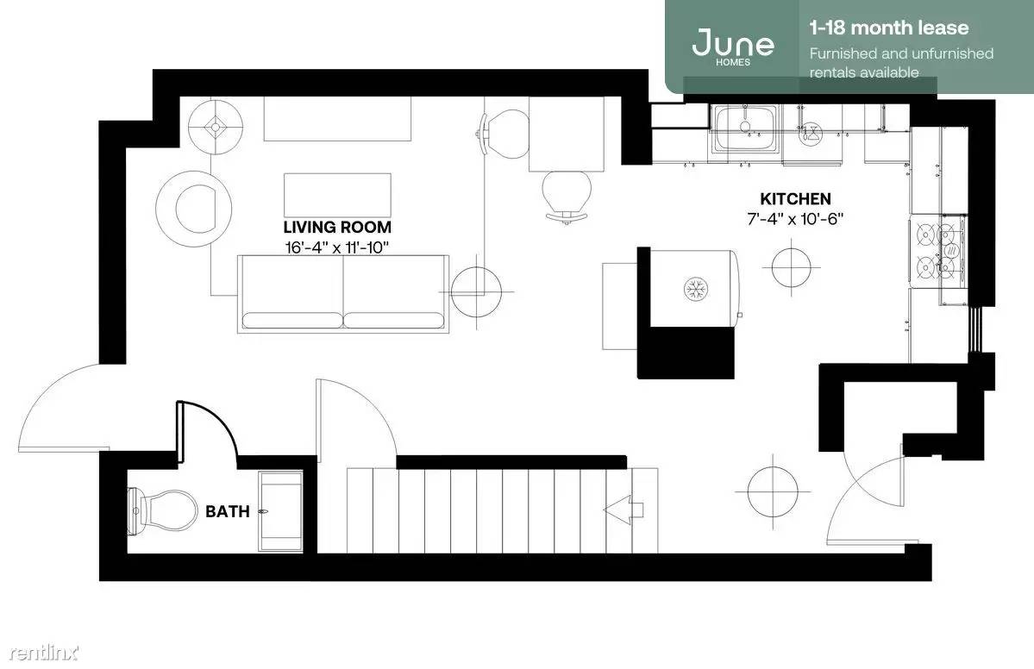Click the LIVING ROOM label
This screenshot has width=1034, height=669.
337,228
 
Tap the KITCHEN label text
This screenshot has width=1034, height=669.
795,199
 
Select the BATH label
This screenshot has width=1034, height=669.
228,511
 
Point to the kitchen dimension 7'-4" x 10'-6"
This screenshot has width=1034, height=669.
795,219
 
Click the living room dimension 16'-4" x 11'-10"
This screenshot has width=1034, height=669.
337,247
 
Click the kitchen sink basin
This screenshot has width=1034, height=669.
744,128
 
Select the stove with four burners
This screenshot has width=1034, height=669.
937,251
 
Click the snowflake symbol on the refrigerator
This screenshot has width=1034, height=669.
696,289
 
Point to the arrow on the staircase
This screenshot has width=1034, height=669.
624,509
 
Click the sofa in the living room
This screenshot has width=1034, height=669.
343,294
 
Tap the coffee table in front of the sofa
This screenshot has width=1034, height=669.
338,195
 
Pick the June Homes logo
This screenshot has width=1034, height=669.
733,46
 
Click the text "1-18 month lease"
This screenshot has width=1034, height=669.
889,28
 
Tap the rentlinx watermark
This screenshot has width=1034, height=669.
43,653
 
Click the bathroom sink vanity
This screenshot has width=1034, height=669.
280,511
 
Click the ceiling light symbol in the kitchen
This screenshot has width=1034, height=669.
792,266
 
